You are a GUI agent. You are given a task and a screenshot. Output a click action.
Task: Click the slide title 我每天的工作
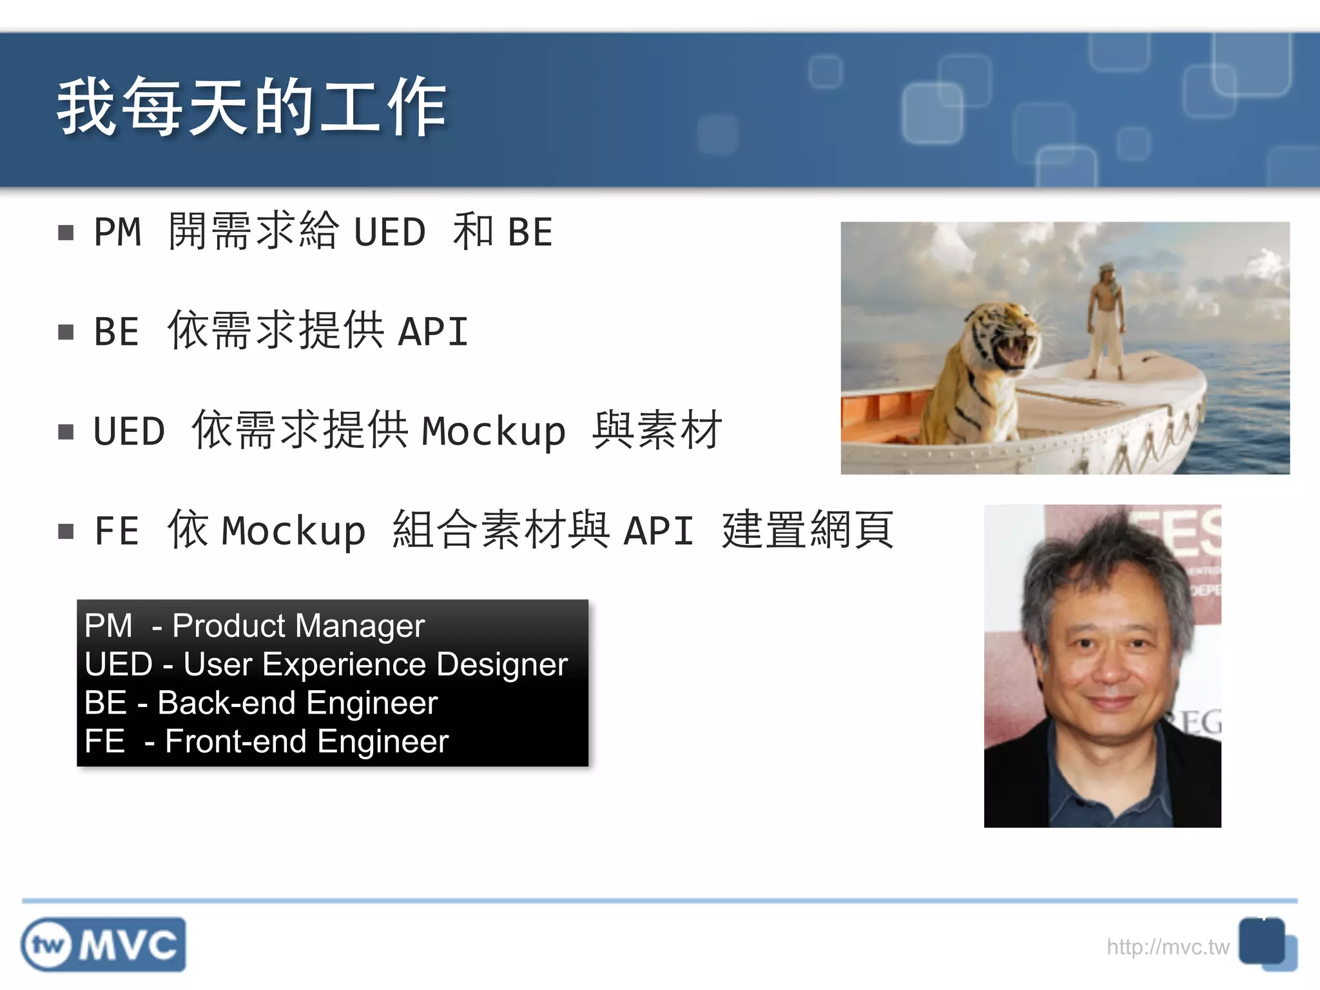point(251,106)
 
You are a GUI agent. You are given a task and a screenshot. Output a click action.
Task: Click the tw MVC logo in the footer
point(103,945)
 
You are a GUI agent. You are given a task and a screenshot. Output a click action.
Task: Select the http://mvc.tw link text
point(1167,947)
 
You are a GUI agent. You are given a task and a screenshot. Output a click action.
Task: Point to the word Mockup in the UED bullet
point(493,431)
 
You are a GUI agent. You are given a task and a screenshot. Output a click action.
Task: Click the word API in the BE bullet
point(433,331)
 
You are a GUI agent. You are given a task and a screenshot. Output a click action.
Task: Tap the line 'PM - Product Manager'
point(255,625)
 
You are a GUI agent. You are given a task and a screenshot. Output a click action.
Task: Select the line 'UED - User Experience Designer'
point(326,664)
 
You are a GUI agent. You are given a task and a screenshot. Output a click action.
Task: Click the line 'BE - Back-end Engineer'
point(261,703)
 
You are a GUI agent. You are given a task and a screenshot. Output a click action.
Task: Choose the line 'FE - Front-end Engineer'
point(266,741)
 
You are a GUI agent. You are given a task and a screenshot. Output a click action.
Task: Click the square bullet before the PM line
point(66,232)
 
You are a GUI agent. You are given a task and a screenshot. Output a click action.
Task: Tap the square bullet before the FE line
point(66,531)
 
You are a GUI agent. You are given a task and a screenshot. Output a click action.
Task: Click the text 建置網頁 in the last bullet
point(808,530)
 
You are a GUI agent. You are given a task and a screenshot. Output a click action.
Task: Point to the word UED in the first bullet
point(390,232)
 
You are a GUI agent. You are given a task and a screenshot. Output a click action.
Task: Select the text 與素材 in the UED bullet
point(657,431)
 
